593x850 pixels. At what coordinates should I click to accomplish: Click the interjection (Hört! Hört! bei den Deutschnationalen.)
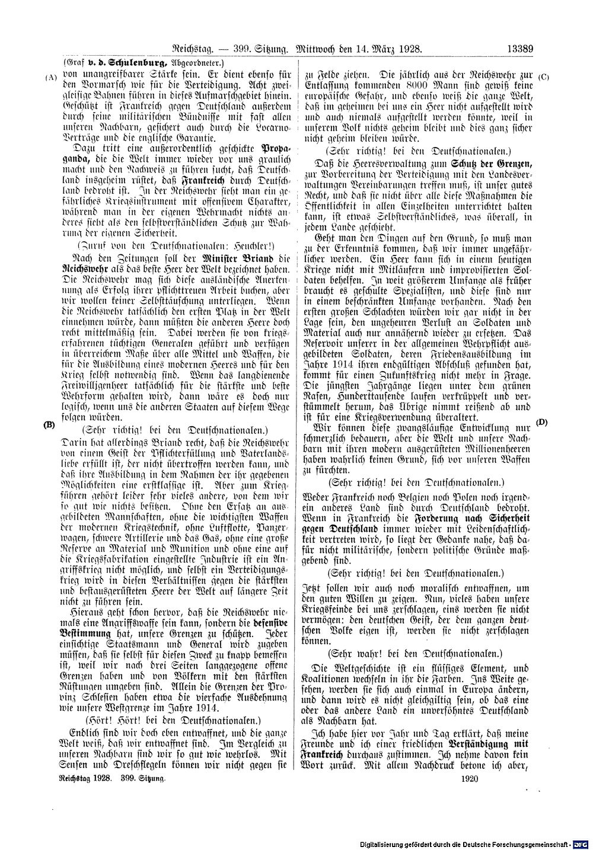(x=173, y=721)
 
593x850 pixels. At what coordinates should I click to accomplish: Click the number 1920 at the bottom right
(x=469, y=780)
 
